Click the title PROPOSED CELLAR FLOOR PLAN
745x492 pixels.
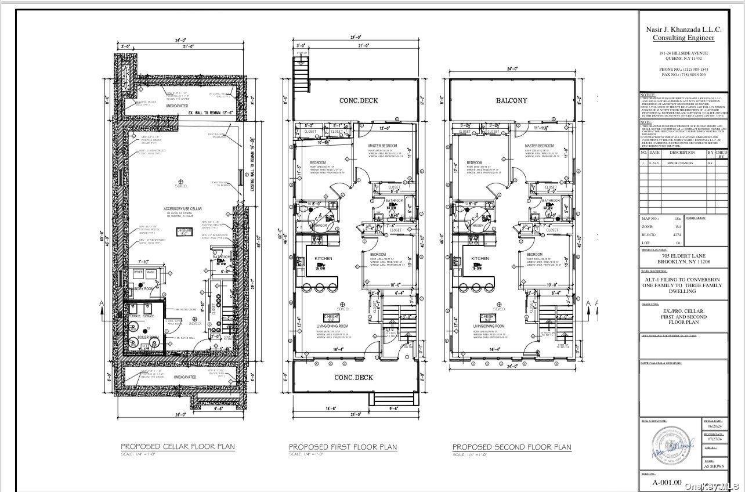tap(178, 446)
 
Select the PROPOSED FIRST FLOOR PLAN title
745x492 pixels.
tap(343, 447)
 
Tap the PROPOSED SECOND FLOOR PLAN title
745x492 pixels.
tap(511, 447)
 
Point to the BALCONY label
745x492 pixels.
tap(512, 100)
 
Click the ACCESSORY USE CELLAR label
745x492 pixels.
tap(183, 208)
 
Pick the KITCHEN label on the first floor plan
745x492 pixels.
tap(323, 258)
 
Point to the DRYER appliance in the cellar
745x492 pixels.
tap(139, 272)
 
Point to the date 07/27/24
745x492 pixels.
tap(712, 439)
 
